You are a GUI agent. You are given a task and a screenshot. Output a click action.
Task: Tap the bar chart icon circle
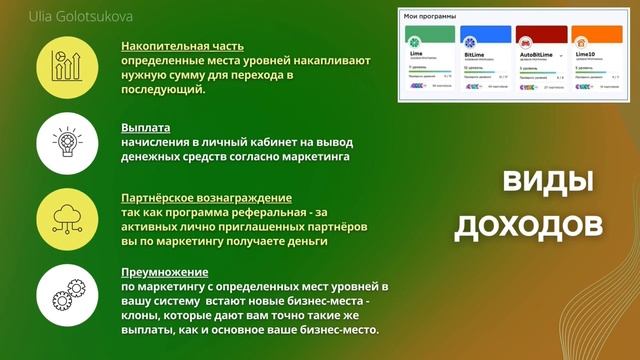click(x=67, y=68)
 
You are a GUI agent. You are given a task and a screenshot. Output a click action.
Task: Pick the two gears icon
click(x=67, y=294)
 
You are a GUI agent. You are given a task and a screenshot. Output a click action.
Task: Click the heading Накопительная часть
click(x=182, y=46)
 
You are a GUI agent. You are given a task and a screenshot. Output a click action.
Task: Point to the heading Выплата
click(x=145, y=128)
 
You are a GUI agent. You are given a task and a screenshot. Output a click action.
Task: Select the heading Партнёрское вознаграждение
click(x=206, y=199)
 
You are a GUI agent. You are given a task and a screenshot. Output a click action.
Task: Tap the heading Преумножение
click(x=164, y=271)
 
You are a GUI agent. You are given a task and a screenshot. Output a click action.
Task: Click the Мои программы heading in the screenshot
click(x=429, y=17)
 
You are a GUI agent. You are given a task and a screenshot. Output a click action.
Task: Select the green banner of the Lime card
click(x=430, y=36)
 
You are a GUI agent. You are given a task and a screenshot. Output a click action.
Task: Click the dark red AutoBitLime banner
click(x=542, y=36)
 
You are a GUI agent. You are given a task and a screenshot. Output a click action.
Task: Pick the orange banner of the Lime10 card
click(x=597, y=36)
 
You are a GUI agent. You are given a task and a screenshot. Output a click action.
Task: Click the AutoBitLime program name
click(x=537, y=59)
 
